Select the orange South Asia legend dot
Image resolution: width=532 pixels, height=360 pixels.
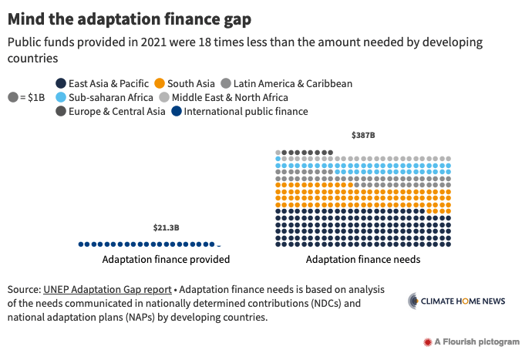[159, 83]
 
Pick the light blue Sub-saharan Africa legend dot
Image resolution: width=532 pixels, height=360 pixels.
[61, 97]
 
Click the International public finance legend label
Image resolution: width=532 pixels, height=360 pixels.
[247, 111]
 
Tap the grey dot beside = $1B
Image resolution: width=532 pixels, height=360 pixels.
[13, 97]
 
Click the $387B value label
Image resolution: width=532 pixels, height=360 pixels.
[363, 136]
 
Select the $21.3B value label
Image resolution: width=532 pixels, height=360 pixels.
[166, 227]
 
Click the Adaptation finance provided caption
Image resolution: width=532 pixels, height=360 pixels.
[166, 260]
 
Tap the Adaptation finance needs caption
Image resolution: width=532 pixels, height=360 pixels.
[363, 260]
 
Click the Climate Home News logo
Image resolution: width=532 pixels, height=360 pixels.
[456, 301]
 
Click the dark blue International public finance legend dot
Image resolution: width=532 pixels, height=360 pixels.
[177, 111]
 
